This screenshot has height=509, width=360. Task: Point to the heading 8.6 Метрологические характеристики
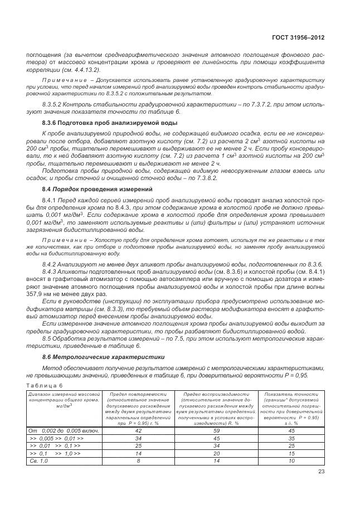click(x=95, y=356)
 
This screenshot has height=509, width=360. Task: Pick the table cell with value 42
click(x=139, y=430)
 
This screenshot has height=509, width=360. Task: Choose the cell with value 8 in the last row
click(x=139, y=462)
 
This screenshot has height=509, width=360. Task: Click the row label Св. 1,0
click(x=38, y=462)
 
